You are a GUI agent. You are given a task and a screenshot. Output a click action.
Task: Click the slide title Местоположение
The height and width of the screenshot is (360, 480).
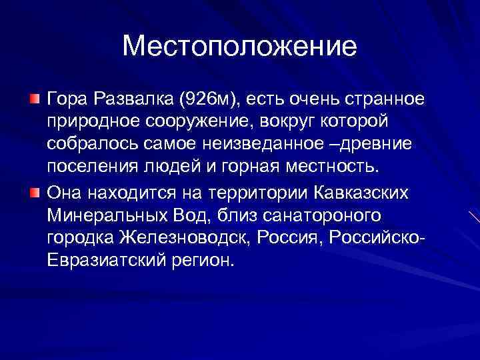click(240, 47)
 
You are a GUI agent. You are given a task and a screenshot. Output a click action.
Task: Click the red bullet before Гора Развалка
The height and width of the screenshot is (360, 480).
click(35, 99)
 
